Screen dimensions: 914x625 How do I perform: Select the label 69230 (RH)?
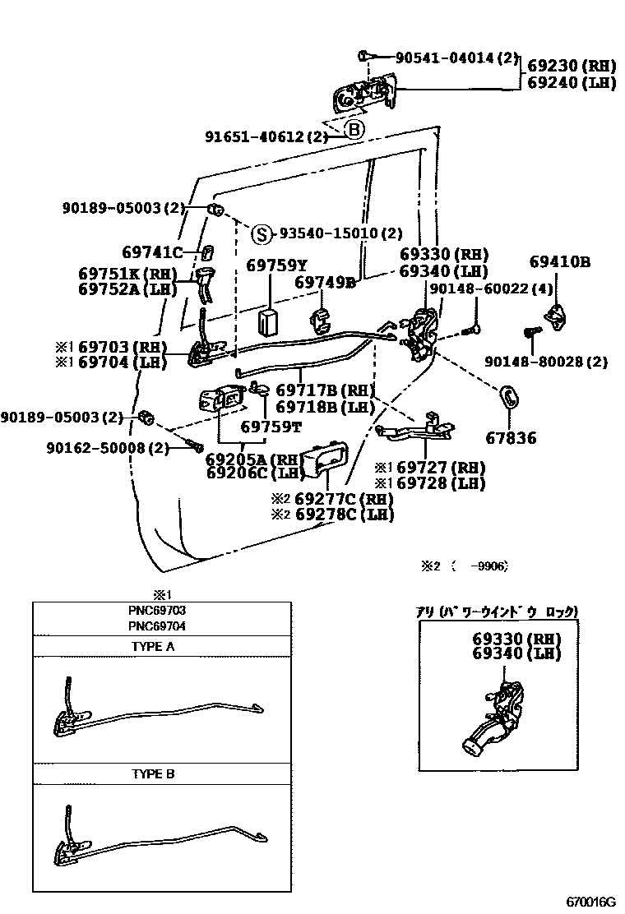click(x=571, y=65)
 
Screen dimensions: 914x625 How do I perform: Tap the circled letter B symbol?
click(x=353, y=130)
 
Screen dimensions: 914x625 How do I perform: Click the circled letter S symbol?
click(x=260, y=234)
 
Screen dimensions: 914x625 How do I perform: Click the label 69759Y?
click(x=276, y=265)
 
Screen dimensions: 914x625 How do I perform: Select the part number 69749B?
click(x=325, y=283)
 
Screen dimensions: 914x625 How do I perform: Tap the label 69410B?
click(x=559, y=262)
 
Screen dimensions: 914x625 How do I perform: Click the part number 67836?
click(x=510, y=438)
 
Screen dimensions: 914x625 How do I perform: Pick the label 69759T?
click(x=271, y=427)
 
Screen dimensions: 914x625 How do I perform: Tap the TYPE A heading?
click(x=153, y=647)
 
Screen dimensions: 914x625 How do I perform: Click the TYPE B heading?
click(x=153, y=774)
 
